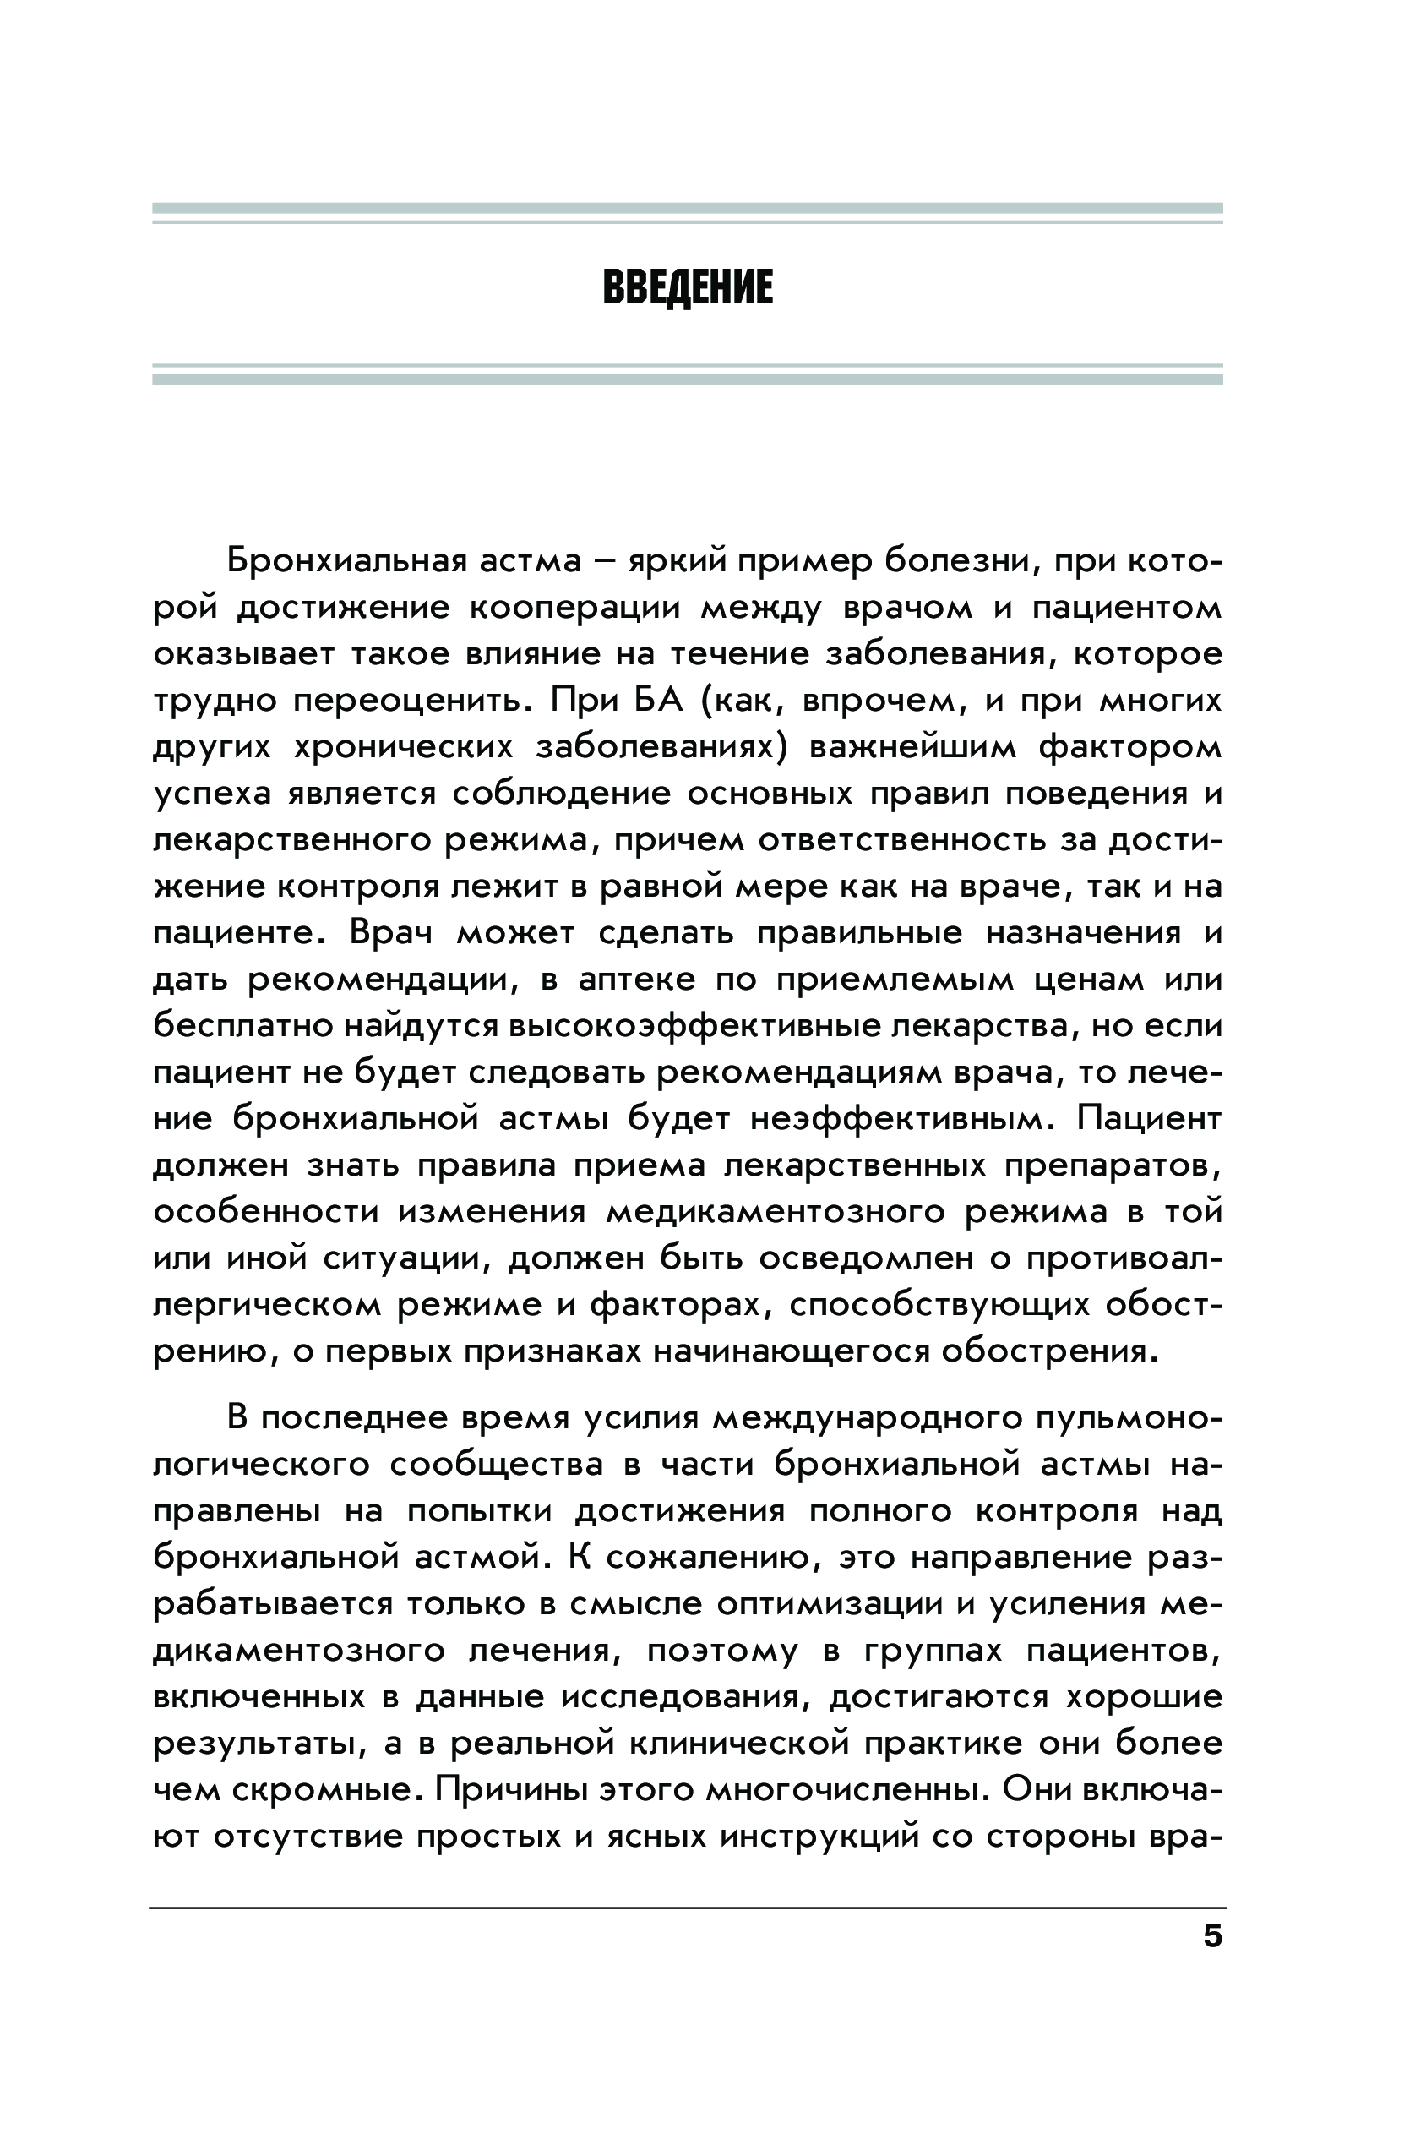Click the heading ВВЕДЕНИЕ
tap(688, 287)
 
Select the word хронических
tap(403, 747)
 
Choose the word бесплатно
tap(242, 1026)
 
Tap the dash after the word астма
tap(601, 560)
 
